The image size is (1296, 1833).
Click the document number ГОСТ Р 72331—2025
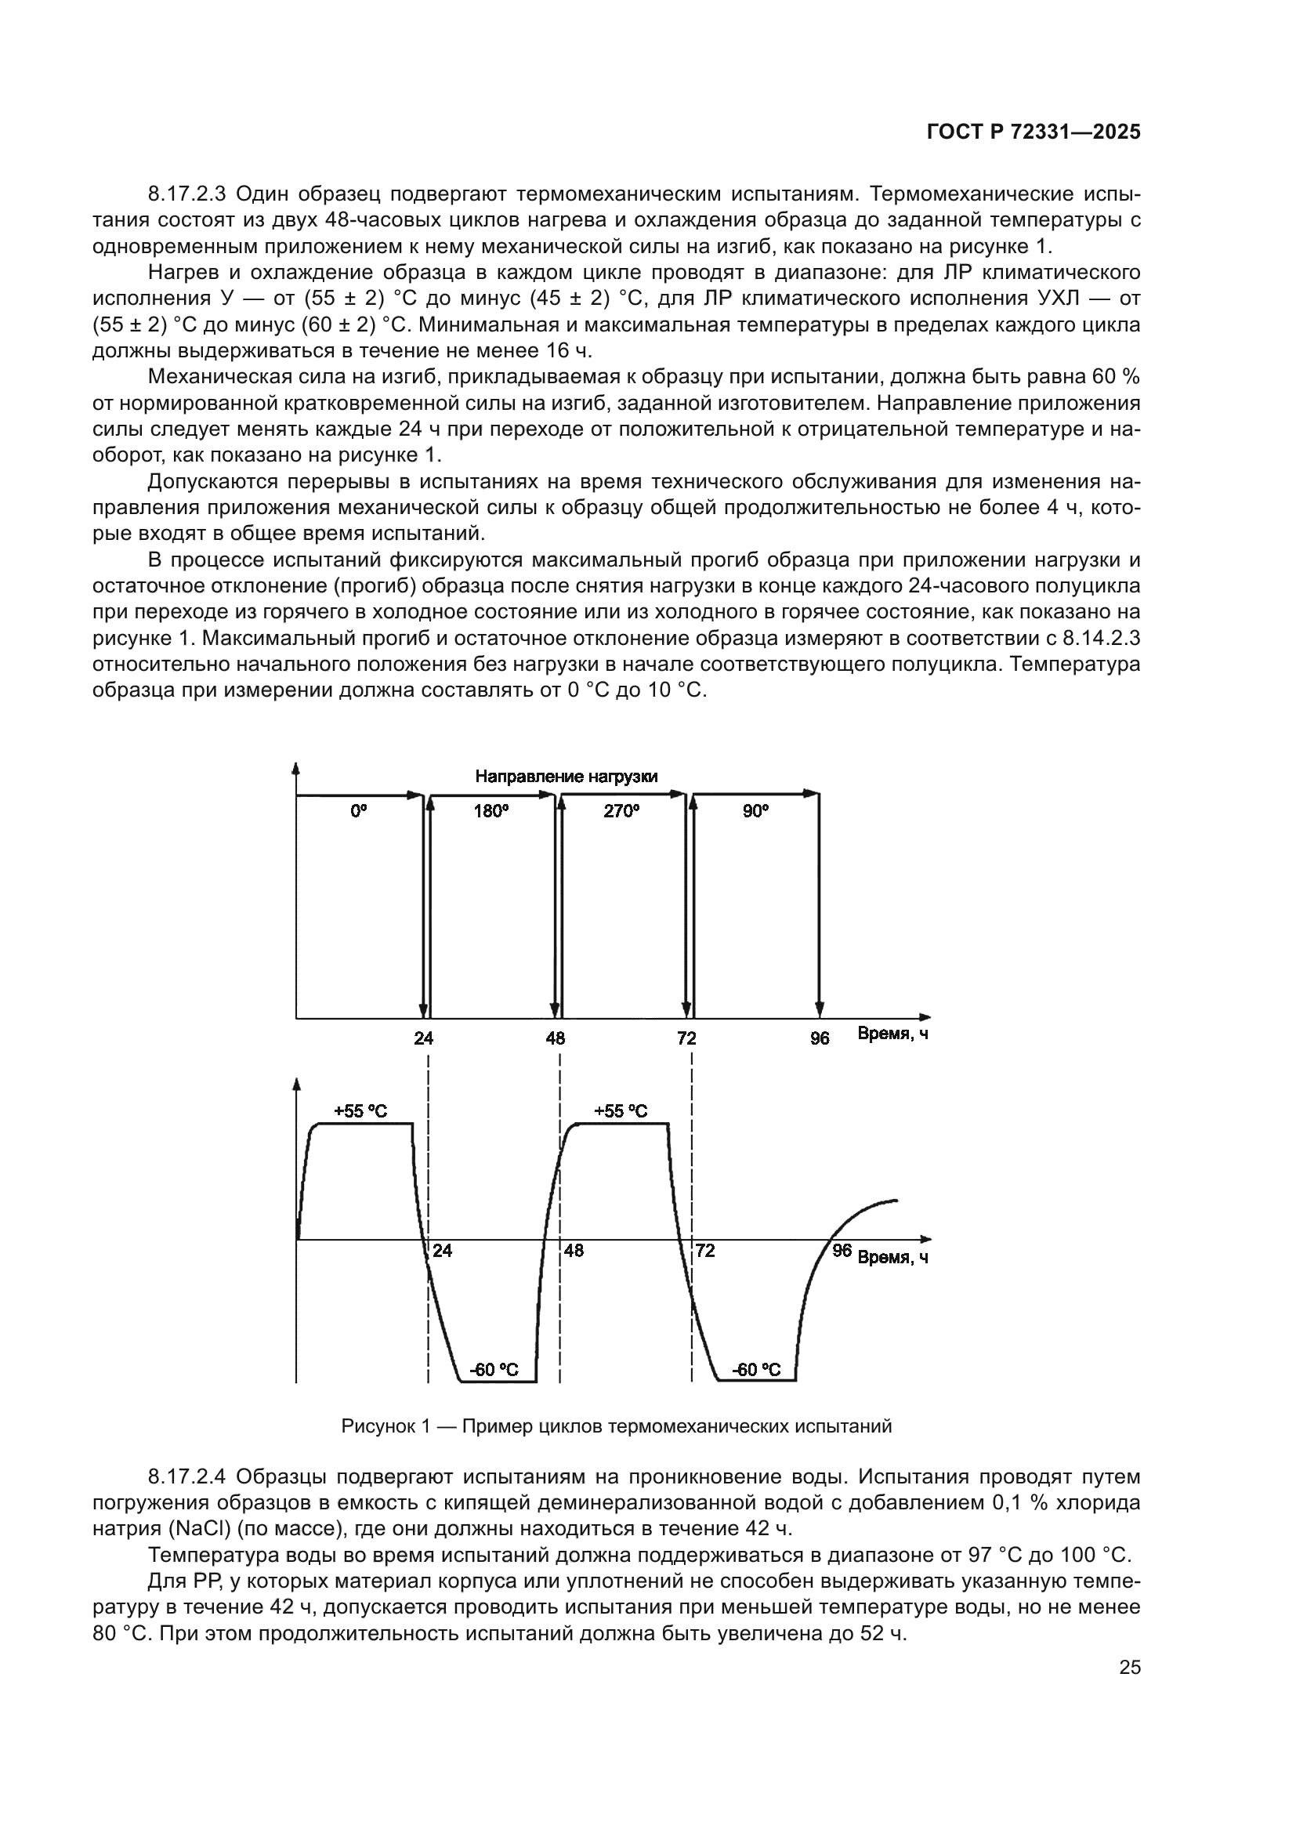click(1034, 132)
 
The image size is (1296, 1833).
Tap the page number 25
click(1130, 1668)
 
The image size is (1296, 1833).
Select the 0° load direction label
click(359, 811)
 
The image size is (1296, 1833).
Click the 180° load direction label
click(491, 811)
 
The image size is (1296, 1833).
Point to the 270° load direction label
click(621, 811)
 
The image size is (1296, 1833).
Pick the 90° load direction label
click(755, 811)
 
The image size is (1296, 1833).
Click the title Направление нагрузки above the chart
click(567, 777)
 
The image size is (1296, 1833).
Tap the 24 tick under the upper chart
click(424, 1038)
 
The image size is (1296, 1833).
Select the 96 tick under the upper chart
click(820, 1038)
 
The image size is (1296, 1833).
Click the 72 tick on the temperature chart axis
click(705, 1251)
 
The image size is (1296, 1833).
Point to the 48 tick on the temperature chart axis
click(574, 1251)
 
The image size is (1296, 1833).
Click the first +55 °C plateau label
click(360, 1111)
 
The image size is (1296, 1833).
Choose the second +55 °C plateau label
click(621, 1111)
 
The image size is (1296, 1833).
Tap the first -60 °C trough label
click(494, 1370)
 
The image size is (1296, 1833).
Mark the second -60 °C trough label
click(757, 1370)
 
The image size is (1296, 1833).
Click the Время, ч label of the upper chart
click(893, 1034)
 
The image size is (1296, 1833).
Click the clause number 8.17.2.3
click(187, 194)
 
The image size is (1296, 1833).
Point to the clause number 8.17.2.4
click(187, 1477)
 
